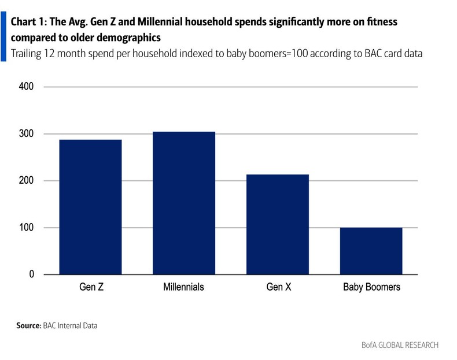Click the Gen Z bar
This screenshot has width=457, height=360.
tap(90, 207)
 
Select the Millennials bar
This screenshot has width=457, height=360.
tap(183, 203)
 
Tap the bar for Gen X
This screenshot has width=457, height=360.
tap(277, 224)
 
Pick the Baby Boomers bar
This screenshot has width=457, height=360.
tap(371, 251)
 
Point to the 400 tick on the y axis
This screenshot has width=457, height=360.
tap(27, 87)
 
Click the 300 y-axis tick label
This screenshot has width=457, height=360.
tap(27, 133)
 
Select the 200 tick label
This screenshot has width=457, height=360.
tap(27, 181)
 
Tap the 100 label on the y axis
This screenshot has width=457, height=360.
tap(27, 228)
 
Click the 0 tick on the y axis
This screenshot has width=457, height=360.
tap(31, 274)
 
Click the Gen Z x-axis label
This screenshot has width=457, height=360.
tap(90, 287)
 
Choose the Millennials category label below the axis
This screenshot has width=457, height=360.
tap(183, 287)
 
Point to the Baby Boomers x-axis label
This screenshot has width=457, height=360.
tap(371, 287)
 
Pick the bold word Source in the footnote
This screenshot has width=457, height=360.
tap(28, 326)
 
